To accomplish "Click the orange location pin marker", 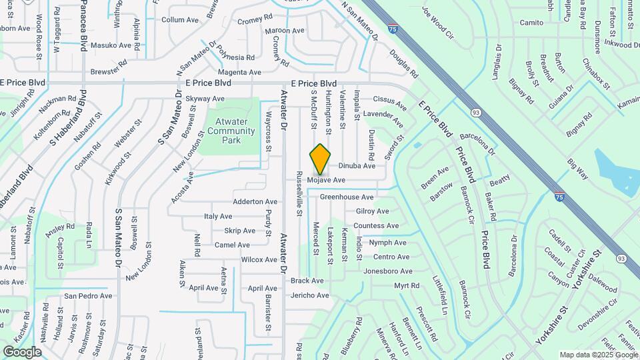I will pos(321,159).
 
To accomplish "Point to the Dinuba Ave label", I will pos(357,166).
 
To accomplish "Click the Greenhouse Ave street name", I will pos(347,197).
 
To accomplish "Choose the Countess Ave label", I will pos(376,226).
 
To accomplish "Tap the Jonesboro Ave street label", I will pos(388,271).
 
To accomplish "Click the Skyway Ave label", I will pos(205,99).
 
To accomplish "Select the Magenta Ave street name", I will pos(240,72).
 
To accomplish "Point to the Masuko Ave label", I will pos(111,45).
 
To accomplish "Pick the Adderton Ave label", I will pos(255,201).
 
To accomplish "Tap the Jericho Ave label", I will pos(310,295).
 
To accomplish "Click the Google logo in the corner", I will pos(22,352).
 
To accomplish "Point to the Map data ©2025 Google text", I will pos(599,355).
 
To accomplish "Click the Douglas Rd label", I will pos(404,63).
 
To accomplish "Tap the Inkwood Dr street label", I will pos(621,44).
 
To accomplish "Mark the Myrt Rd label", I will pos(407,286).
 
